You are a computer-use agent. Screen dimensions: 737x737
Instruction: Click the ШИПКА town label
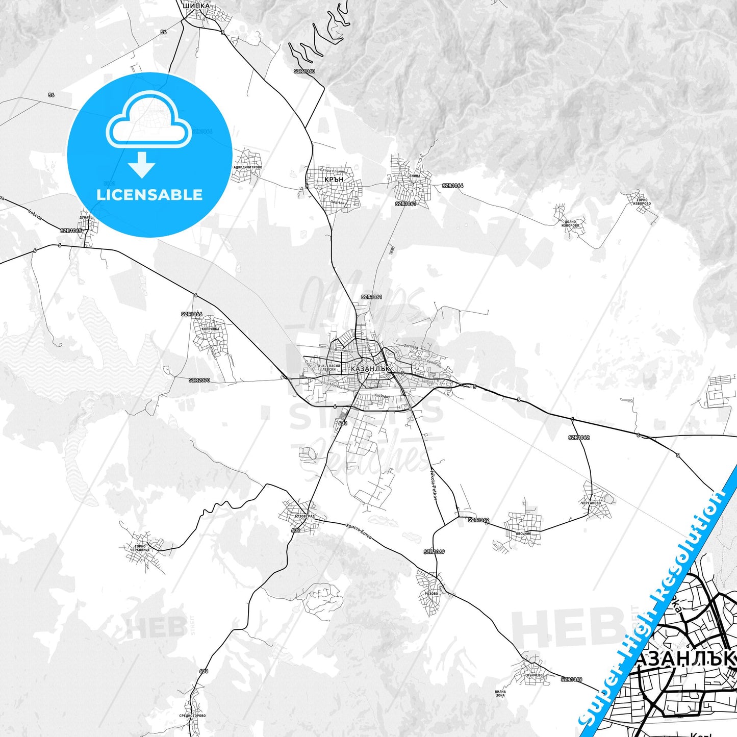(x=196, y=6)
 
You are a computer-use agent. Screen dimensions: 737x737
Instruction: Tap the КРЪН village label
(x=334, y=180)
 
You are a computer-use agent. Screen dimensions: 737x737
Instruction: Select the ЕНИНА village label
(x=415, y=175)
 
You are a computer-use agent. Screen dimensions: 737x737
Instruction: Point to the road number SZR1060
(x=304, y=71)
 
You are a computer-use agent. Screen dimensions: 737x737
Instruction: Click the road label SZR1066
(x=192, y=314)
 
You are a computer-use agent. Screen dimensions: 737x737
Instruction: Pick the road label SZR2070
(x=199, y=380)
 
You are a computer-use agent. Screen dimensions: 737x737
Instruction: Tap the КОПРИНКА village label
(x=211, y=329)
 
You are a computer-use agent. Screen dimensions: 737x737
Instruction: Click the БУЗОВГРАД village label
(x=304, y=516)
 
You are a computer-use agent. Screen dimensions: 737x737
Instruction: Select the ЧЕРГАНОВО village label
(x=591, y=503)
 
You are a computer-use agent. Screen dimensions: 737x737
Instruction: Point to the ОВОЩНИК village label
(x=523, y=533)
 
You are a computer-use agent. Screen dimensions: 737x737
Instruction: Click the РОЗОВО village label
(x=431, y=594)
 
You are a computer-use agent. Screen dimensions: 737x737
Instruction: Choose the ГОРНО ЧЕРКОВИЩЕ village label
(x=140, y=548)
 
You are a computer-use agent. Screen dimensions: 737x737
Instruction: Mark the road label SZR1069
(x=434, y=552)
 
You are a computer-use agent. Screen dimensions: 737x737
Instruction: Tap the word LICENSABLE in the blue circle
(x=149, y=195)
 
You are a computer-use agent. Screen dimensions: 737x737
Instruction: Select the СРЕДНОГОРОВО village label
(x=192, y=716)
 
